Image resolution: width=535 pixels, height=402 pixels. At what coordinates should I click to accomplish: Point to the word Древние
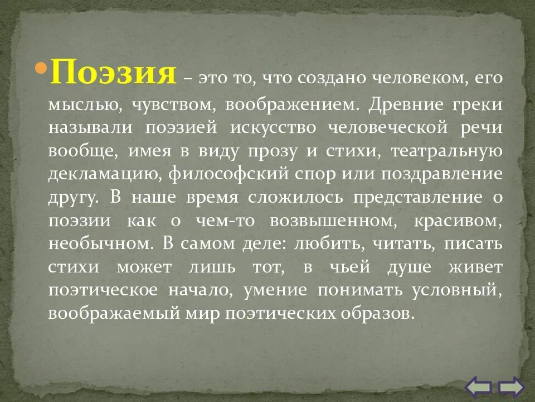tap(412, 104)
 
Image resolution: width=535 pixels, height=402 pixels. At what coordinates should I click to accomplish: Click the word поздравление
tap(442, 175)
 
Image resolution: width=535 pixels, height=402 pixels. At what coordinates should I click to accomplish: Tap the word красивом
tap(458, 221)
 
